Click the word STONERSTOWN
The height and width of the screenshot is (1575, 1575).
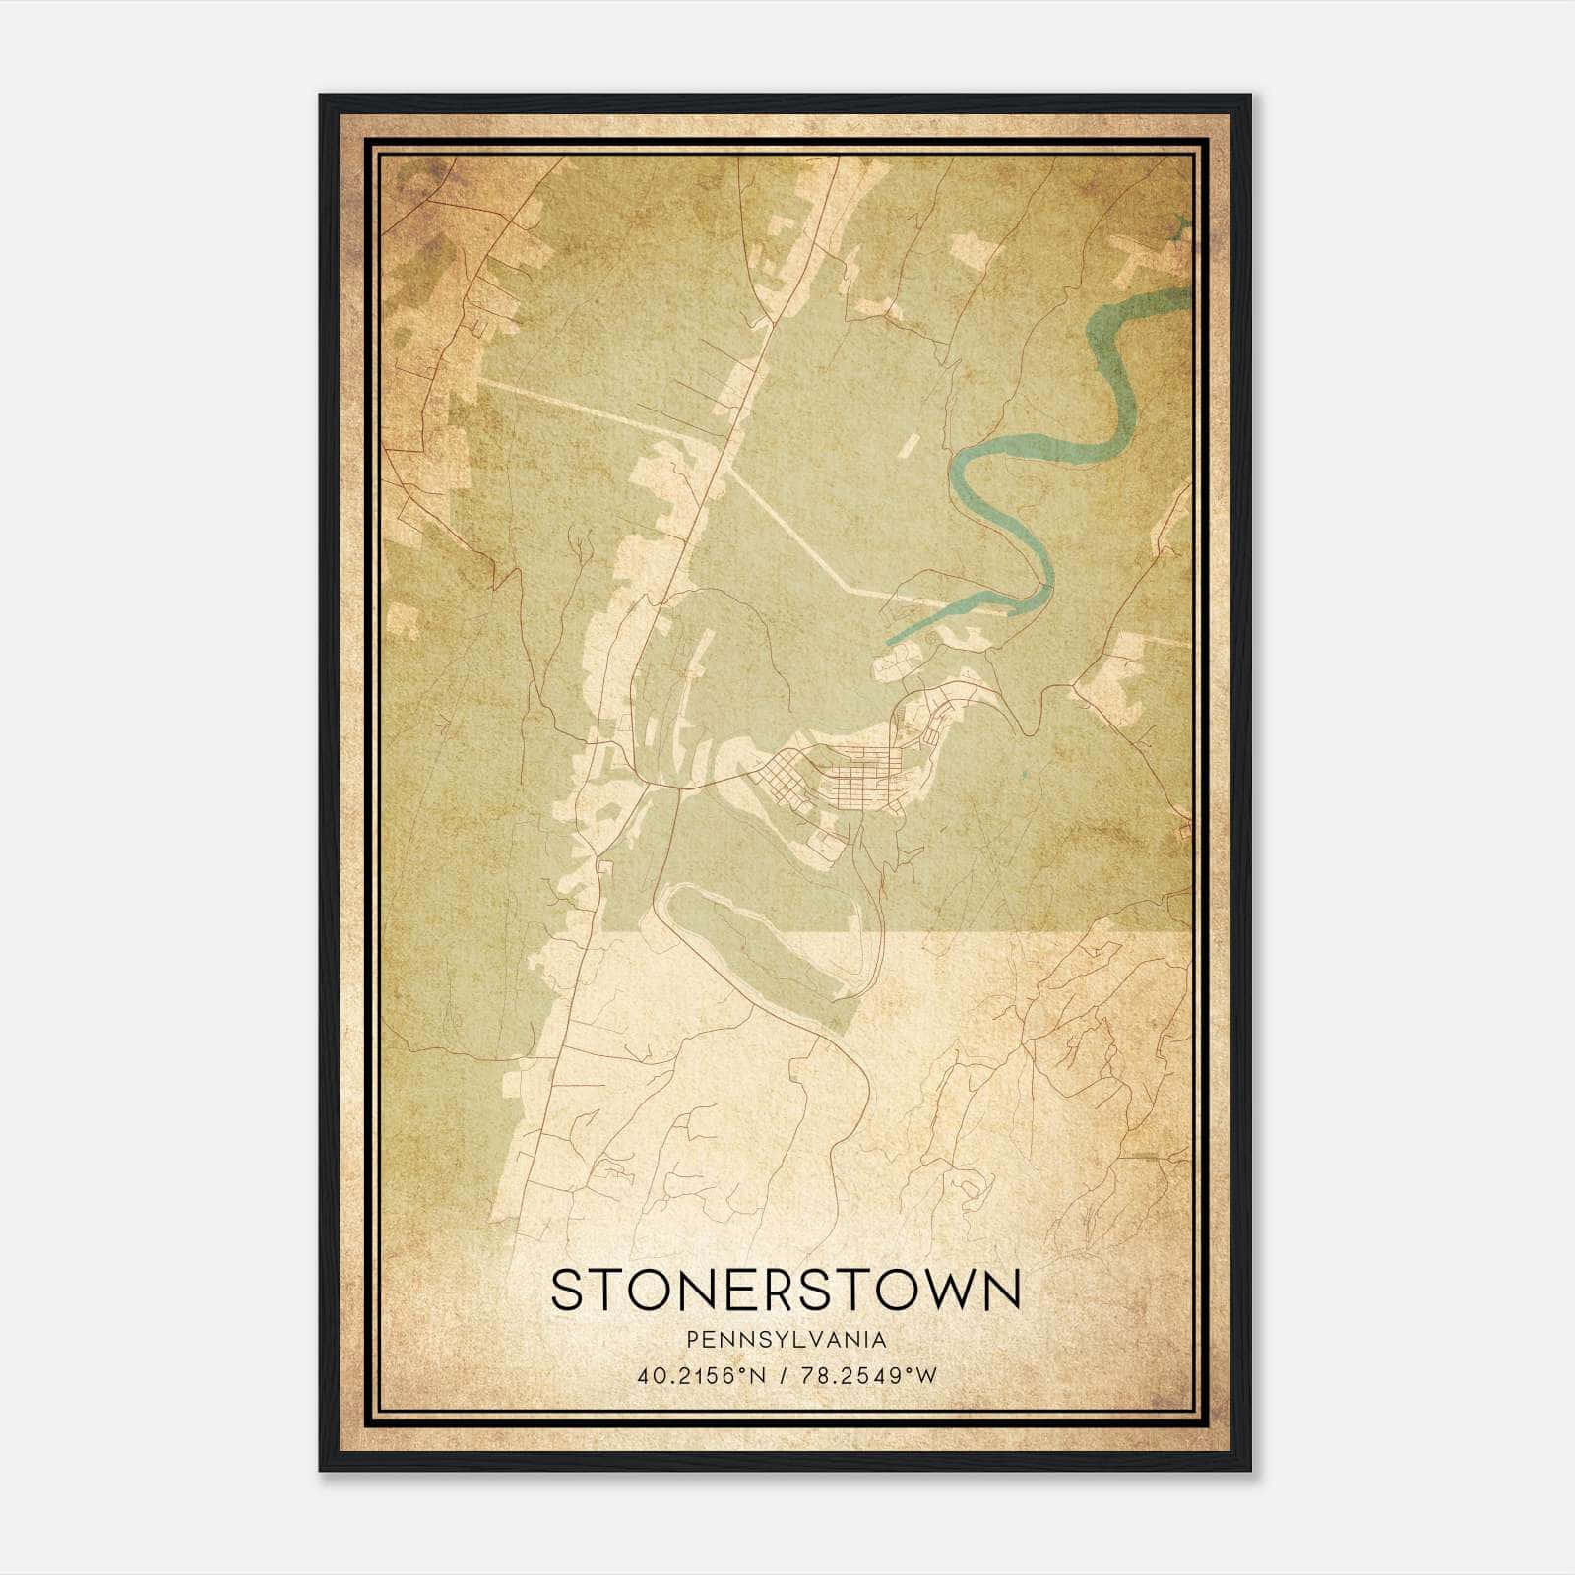point(786,1290)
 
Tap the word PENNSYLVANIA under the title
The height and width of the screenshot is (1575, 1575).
point(787,1340)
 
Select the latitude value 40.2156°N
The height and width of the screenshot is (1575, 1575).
point(700,1376)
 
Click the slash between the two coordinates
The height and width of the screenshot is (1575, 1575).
point(784,1376)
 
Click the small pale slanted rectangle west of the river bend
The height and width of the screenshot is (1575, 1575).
point(908,446)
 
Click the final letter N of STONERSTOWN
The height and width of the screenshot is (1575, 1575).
point(1002,1290)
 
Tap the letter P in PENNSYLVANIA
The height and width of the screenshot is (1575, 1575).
point(693,1340)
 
